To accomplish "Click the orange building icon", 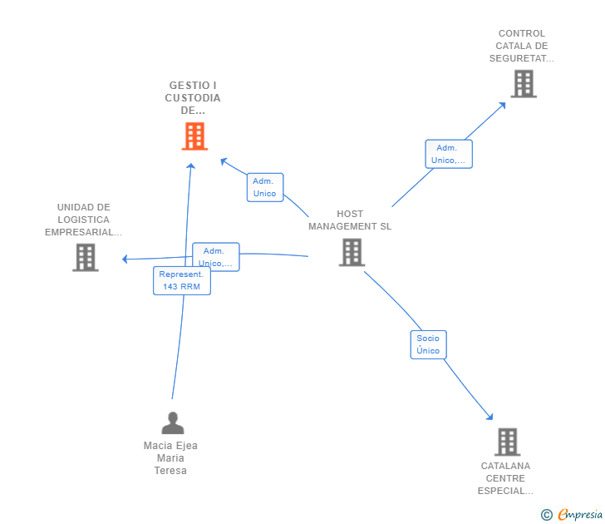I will coord(194,136).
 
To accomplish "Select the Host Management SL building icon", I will coord(352,252).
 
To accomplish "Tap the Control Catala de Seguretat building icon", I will coord(523,84).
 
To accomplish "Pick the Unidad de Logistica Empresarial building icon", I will coord(85,257).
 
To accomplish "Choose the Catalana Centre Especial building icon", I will coord(507,442).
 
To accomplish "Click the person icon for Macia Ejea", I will coord(172,423).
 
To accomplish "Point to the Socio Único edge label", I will coord(428,344).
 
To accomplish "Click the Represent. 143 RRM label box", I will coord(181,280).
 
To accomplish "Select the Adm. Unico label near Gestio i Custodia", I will coord(265,187).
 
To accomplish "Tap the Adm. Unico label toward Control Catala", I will coord(449,154).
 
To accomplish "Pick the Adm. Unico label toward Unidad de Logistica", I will coord(215,256).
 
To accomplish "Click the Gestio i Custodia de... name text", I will coord(193,97).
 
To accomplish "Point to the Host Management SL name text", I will coord(350,220).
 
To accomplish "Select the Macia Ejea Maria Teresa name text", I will coord(170,458).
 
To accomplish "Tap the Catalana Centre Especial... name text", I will coord(506,478).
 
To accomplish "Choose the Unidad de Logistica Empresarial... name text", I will coord(83,220).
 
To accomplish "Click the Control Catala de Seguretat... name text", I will coord(521,47).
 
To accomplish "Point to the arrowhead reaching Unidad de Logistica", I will coord(125,260).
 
